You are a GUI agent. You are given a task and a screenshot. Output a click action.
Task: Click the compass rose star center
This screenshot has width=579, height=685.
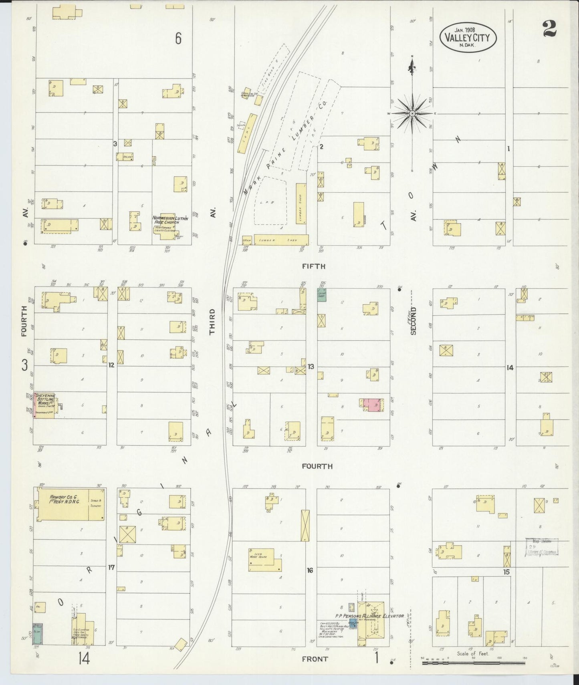pos(412,114)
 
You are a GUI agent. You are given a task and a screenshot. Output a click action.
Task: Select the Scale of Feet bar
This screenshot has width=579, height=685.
pos(474,663)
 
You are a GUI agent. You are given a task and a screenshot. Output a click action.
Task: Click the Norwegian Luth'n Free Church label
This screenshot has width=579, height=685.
pos(170,220)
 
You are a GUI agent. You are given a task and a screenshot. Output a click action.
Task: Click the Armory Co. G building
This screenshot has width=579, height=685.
pos(71,504)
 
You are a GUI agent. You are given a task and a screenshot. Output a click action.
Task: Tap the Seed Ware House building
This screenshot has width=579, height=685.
pos(264,559)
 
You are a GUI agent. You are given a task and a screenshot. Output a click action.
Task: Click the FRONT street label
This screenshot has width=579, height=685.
pos(315,659)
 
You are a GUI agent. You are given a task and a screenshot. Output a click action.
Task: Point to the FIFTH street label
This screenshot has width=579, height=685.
pos(314,266)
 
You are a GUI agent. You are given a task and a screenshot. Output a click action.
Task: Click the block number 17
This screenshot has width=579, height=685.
pos(111,567)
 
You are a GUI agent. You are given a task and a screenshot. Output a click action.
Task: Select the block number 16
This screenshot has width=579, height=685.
pos(310,570)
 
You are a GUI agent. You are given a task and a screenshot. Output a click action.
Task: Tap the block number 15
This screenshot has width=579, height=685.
pos(506,572)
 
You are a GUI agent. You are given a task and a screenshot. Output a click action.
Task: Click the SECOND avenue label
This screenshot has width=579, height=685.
pos(414,321)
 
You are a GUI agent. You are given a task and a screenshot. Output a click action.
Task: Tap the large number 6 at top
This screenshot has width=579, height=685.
pos(178,38)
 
